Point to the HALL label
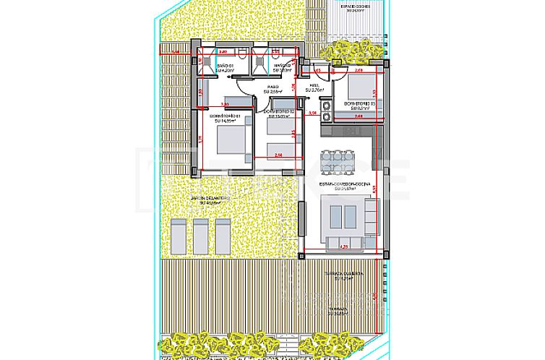[x=315, y=87]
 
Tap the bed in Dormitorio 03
[x=356, y=90]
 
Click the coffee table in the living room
[x=341, y=214]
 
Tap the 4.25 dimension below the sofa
[x=344, y=248]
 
